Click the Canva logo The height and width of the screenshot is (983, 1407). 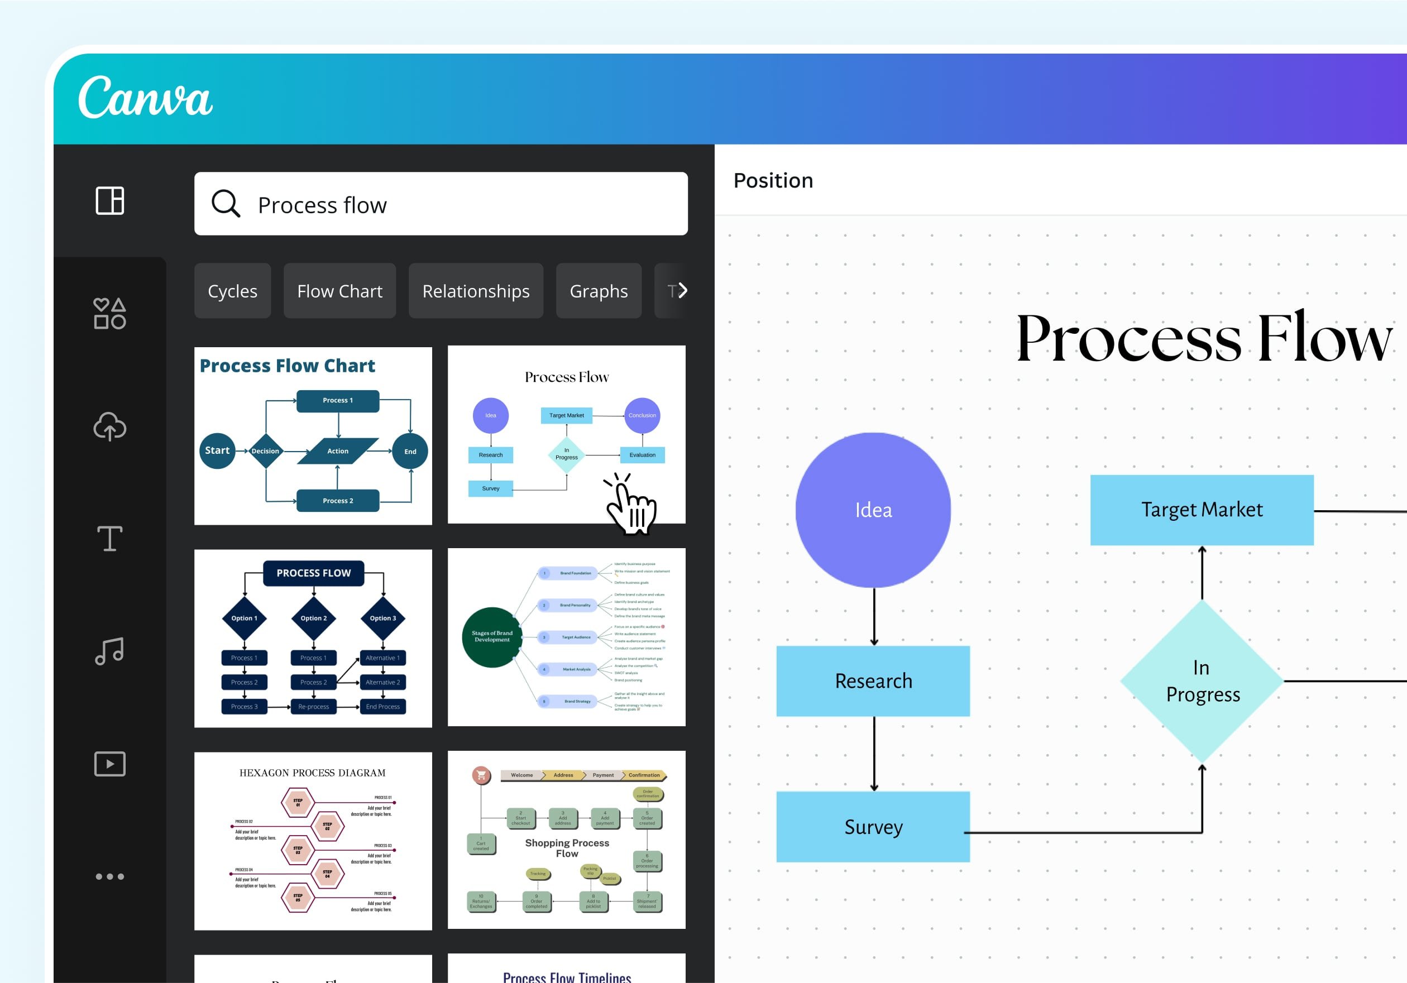(x=145, y=98)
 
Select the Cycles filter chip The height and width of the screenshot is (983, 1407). (x=232, y=291)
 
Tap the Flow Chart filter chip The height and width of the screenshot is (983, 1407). (x=339, y=291)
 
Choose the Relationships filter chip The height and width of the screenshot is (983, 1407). (x=476, y=291)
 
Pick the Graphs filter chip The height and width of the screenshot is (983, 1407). (x=598, y=291)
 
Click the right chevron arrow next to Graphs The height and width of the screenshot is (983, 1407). (x=681, y=290)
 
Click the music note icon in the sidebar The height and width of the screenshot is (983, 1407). (x=109, y=651)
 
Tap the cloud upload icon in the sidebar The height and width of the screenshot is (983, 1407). (x=109, y=426)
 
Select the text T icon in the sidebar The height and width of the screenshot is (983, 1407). (x=109, y=539)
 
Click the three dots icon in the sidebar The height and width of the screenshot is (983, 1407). (x=109, y=876)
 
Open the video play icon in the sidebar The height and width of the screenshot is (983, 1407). (x=109, y=764)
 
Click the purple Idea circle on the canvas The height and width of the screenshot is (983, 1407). (x=873, y=510)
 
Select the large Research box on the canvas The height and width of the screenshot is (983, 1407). (x=873, y=681)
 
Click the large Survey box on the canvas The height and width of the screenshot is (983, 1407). (x=873, y=827)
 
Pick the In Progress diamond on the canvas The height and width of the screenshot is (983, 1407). (x=1202, y=681)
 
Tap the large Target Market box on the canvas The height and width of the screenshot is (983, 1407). (x=1201, y=510)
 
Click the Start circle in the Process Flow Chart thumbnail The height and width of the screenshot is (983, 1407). (x=217, y=450)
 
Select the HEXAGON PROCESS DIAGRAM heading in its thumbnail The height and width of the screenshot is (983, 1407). (x=313, y=773)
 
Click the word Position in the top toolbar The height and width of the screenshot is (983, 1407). (x=773, y=180)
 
